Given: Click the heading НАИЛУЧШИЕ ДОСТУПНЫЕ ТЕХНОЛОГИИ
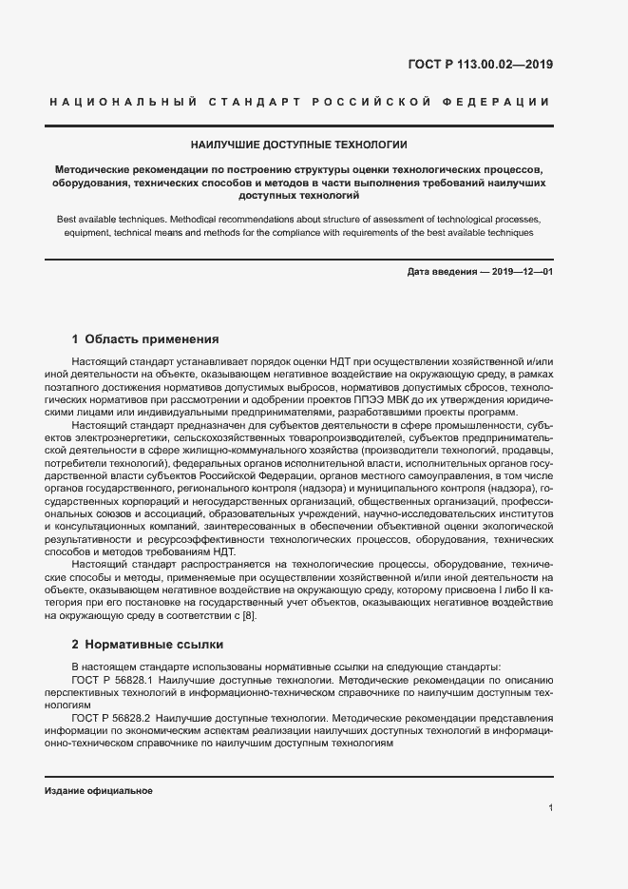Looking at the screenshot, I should point(299,145).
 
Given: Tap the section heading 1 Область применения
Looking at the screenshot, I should point(146,338).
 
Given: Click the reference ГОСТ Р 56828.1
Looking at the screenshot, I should point(114,681).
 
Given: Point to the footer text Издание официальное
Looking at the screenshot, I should point(99,791).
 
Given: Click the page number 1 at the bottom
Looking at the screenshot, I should point(550,808).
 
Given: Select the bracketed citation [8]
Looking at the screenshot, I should point(248,616).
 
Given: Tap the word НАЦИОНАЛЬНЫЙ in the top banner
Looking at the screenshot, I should point(123,102).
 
